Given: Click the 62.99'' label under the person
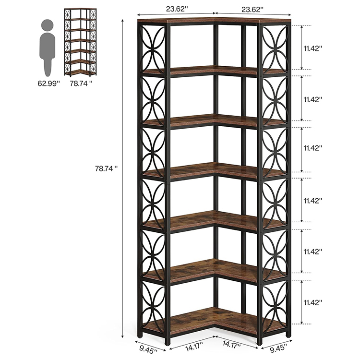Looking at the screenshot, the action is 48,84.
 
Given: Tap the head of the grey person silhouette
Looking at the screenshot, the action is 48,25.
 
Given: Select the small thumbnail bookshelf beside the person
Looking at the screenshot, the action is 80,42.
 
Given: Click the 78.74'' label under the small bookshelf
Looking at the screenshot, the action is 81,84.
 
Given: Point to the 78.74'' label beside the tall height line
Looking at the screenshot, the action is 106,169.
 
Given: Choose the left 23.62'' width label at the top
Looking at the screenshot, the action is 177,9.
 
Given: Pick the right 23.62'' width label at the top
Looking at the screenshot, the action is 252,10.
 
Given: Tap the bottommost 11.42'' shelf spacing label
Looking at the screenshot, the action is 313,302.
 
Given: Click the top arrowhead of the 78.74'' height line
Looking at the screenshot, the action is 123,21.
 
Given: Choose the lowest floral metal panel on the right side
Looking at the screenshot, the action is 275,303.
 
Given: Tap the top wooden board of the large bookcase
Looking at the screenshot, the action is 215,21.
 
